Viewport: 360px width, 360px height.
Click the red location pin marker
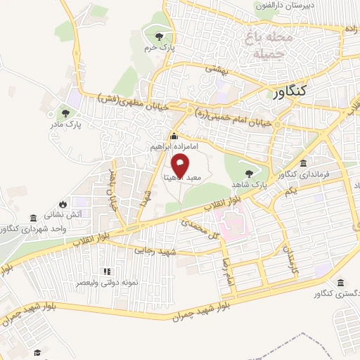click(x=180, y=166)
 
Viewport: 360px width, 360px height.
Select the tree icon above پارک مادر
click(x=66, y=112)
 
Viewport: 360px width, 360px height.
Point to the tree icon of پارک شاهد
click(x=248, y=171)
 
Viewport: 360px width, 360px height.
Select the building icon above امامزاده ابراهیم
click(x=174, y=136)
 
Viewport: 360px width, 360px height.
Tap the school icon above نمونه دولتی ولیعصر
click(x=108, y=271)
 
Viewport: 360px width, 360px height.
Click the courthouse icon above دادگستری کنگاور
click(x=340, y=283)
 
